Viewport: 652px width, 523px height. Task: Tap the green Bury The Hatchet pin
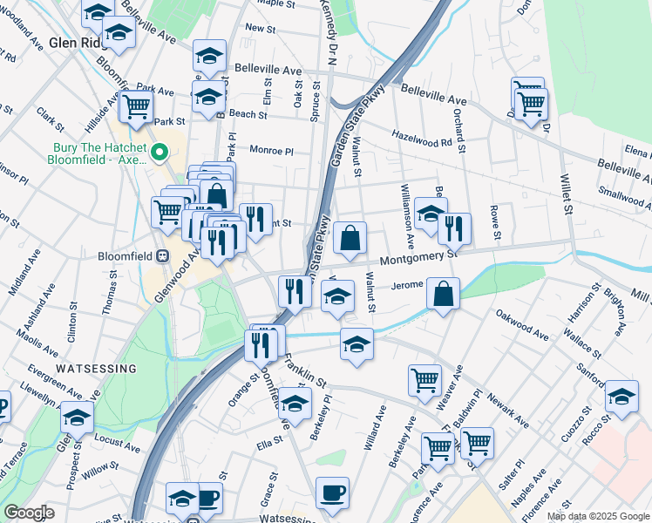160,153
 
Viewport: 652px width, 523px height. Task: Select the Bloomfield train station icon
162,257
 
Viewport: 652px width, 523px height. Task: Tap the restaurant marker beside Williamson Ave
454,228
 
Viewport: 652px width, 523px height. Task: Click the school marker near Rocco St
621,396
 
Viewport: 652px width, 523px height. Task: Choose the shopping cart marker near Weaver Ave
424,379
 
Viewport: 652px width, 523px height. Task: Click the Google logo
29,513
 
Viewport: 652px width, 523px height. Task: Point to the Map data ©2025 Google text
598,516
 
